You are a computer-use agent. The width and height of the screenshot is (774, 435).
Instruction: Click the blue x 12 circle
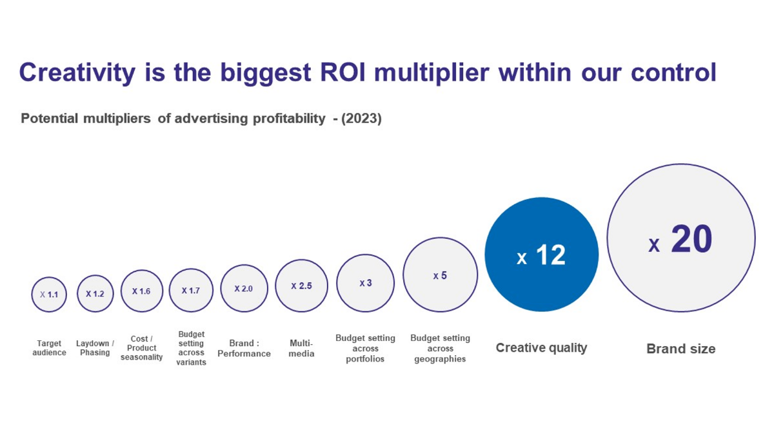coord(541,255)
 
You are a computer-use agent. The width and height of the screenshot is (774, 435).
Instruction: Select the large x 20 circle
coord(680,238)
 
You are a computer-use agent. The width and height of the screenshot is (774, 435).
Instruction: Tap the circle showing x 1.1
coord(49,295)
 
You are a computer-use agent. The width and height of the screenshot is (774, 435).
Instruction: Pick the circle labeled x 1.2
coord(95,294)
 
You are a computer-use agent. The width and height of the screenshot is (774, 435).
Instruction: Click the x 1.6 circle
coord(141,291)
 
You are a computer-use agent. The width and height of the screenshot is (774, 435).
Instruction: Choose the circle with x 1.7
coord(191,291)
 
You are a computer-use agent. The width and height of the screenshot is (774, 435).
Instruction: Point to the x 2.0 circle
coord(244,289)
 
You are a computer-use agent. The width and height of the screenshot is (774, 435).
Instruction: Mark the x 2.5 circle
coord(301,285)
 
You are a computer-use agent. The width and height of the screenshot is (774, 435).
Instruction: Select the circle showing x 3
coord(365,283)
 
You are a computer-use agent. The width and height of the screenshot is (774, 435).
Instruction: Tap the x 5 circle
coord(440,275)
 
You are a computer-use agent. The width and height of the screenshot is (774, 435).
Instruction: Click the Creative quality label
coord(541,348)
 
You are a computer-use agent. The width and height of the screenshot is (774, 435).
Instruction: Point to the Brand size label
coord(680,349)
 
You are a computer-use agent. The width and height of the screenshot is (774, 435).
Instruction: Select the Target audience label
coord(49,348)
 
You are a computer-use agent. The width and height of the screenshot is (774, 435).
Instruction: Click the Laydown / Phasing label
coord(95,348)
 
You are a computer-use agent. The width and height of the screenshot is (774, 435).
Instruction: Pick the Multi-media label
coord(301,348)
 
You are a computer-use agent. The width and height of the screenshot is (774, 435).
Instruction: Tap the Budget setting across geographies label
coord(440,348)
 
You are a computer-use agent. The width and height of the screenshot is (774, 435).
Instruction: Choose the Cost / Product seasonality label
coord(141,348)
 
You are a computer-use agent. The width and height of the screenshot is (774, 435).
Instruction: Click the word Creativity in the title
coord(77,72)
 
